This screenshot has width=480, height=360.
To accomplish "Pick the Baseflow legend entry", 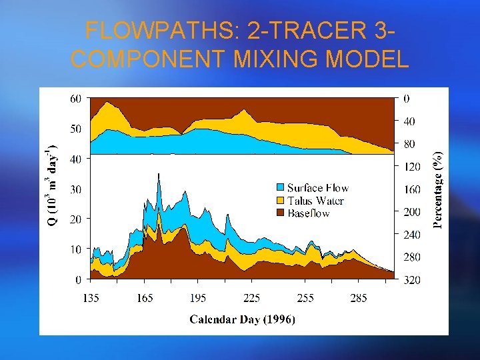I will [309, 213].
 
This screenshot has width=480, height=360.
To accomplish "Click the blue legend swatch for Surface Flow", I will [281, 188].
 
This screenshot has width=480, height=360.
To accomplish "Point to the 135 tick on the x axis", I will [91, 298].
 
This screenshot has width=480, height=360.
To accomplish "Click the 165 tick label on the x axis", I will [145, 298].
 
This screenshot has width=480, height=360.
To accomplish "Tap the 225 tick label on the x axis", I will [251, 298].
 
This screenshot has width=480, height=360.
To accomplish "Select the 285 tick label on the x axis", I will [359, 298].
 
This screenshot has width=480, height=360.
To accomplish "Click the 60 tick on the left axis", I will [77, 98].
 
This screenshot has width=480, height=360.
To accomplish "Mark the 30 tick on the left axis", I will [77, 189].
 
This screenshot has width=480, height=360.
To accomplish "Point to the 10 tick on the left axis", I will [77, 249].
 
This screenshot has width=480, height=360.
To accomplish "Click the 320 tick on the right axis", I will [412, 280].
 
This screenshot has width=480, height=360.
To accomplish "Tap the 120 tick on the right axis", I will [412, 166].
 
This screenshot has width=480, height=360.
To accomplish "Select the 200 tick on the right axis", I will [412, 212].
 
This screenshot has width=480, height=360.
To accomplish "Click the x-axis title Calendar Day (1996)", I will [242, 319].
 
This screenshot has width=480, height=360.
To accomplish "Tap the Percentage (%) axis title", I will [438, 189].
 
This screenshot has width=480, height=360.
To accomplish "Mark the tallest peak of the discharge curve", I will [158, 173].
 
